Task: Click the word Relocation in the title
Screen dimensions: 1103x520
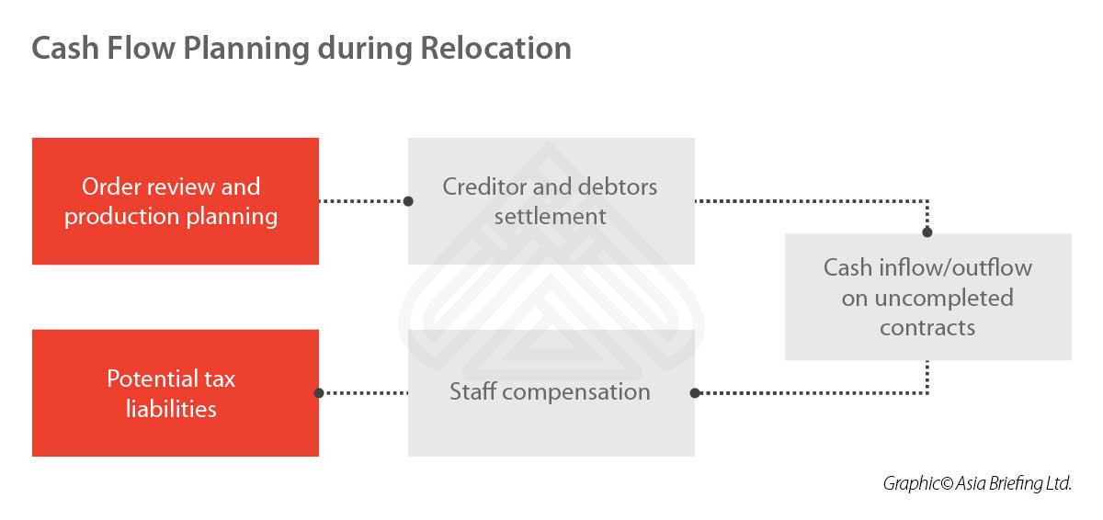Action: point(495,48)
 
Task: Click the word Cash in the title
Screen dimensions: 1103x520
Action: point(65,48)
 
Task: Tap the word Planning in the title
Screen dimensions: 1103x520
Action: point(246,50)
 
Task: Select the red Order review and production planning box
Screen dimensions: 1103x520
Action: point(176,201)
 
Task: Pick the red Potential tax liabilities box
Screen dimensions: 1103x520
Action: point(176,393)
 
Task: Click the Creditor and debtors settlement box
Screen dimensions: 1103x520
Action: point(551,201)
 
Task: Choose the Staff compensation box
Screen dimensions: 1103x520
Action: point(551,393)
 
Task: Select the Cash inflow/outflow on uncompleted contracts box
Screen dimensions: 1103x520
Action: point(928,297)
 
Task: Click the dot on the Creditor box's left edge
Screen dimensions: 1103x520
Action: point(408,201)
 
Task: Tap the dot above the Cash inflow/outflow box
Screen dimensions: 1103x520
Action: point(927,232)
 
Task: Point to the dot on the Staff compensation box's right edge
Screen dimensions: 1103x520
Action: point(695,393)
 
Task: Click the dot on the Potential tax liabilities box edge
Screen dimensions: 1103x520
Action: point(319,393)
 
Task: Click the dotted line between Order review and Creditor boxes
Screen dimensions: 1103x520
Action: point(363,201)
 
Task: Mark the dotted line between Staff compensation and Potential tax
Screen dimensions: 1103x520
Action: point(363,393)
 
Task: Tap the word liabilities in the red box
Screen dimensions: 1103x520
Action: point(171,409)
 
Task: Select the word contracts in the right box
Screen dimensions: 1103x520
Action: point(927,328)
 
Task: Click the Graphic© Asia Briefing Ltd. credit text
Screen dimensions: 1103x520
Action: point(977,483)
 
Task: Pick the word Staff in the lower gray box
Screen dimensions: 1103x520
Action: point(473,391)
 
